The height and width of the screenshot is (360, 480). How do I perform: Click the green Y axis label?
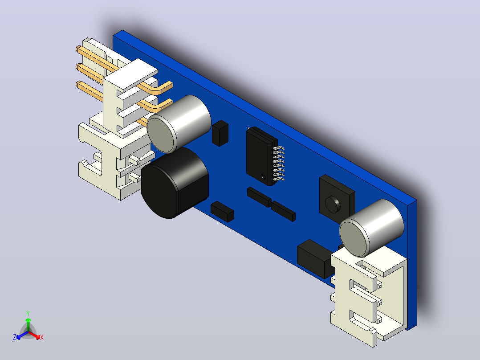click(x=28, y=313)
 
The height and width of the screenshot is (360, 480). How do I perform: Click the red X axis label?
click(x=42, y=337)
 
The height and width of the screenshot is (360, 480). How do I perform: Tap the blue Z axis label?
click(x=15, y=337)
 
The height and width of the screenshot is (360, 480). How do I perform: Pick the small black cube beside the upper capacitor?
click(x=220, y=133)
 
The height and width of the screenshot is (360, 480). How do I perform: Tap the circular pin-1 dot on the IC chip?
click(x=263, y=176)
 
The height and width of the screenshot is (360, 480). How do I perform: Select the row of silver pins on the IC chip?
click(x=279, y=164)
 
